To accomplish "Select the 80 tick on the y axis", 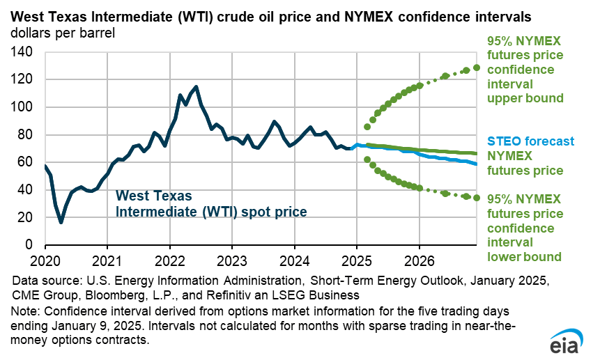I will click(x=26, y=134).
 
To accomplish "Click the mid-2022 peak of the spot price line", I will click(x=196, y=87).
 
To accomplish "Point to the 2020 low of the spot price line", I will click(x=61, y=222).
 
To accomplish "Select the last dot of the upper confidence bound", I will click(x=477, y=68).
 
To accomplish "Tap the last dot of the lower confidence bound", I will click(x=477, y=198).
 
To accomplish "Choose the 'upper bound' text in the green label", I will click(x=525, y=98).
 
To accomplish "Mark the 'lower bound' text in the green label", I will click(x=524, y=257).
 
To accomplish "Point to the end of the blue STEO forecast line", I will click(x=477, y=164).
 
